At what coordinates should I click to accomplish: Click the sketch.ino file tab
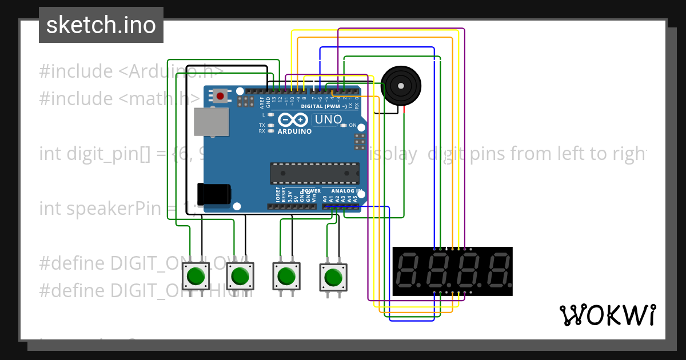pos(101,25)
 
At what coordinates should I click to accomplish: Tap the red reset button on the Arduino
pos(220,95)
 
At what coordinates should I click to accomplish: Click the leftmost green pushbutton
pos(196,276)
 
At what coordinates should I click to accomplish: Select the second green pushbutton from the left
pos(241,276)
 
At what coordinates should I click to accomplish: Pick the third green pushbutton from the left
pos(286,277)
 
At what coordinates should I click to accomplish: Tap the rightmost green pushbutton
pos(332,278)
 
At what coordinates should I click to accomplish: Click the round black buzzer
pos(401,86)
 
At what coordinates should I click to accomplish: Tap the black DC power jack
pos(213,193)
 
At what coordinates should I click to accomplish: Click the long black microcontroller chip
pos(314,173)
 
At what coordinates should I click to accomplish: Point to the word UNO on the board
pos(329,120)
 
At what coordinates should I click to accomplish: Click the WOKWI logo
pos(607,315)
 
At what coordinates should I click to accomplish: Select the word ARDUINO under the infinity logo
pos(294,131)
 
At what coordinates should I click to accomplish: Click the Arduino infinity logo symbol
pos(293,120)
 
